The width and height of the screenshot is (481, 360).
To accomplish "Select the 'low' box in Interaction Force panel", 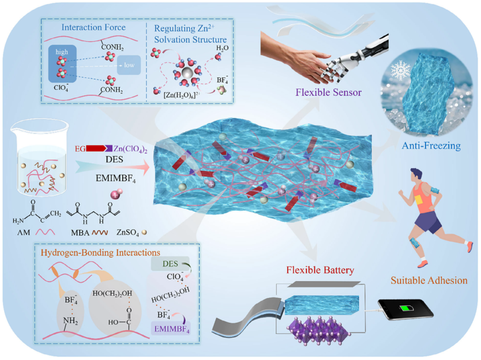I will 129,66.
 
